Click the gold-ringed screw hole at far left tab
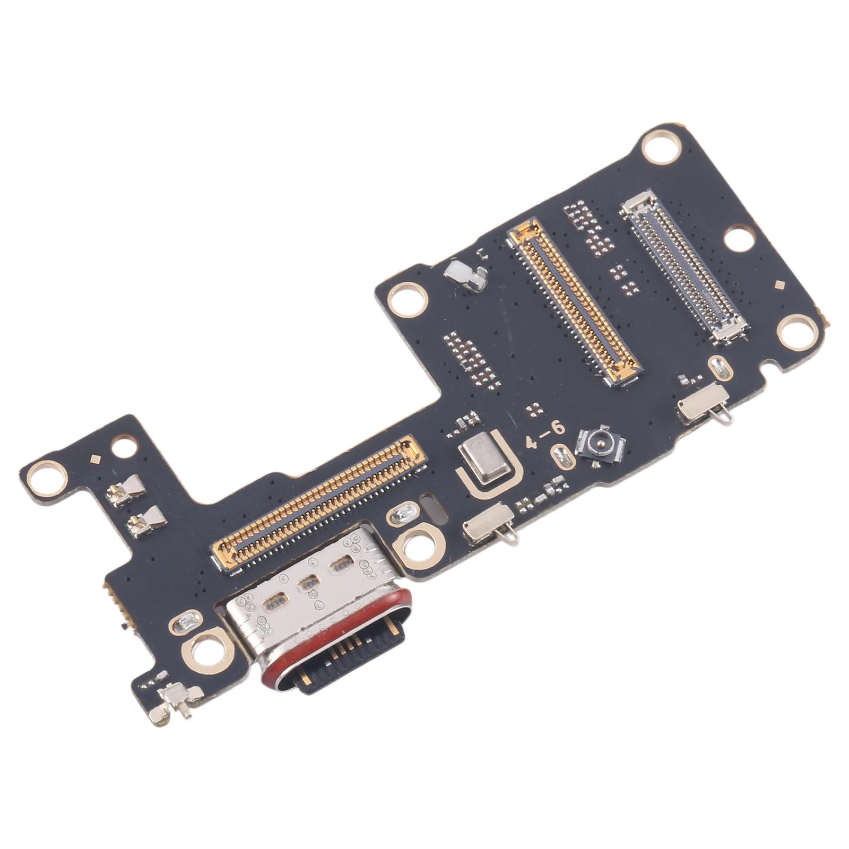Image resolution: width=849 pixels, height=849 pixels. point(48,478)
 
